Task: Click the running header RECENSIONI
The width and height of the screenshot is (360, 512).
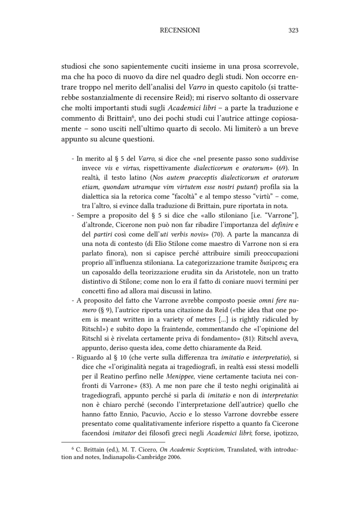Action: (x=180, y=30)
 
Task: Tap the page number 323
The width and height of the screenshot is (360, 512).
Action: (x=293, y=30)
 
